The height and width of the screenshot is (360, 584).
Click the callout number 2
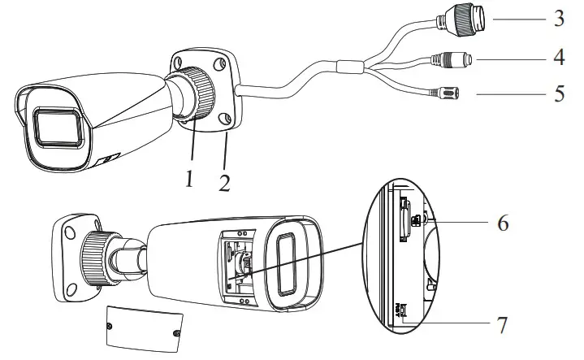(x=223, y=179)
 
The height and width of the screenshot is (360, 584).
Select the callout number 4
(x=559, y=58)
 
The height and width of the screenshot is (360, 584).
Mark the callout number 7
(x=503, y=326)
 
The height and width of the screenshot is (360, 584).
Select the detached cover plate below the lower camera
(x=142, y=327)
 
